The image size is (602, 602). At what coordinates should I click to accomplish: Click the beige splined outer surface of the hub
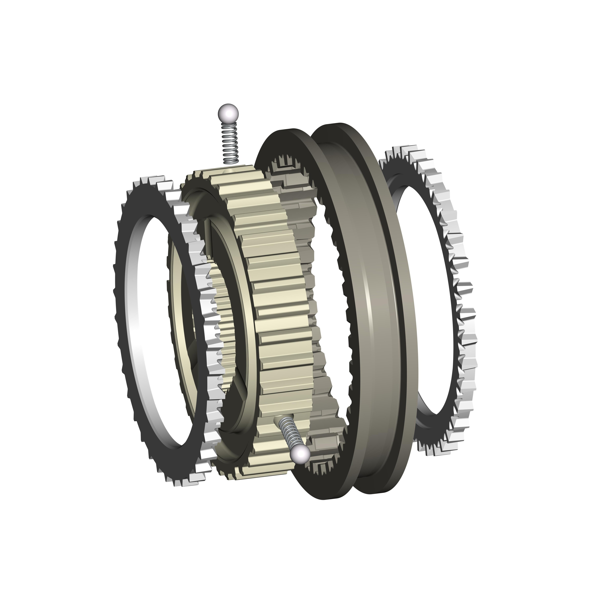[x=280, y=281]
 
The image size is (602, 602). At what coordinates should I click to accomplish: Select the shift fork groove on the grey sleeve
[x=374, y=296]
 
